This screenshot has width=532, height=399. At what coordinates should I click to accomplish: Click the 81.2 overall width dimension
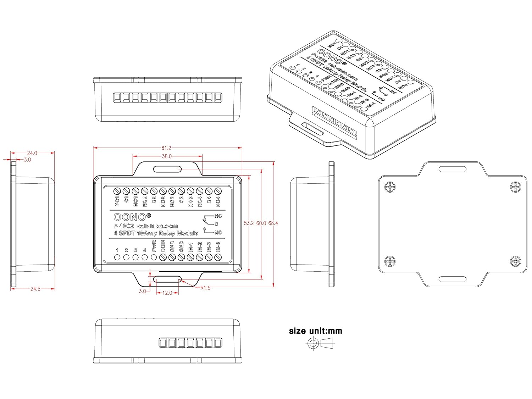[166, 148]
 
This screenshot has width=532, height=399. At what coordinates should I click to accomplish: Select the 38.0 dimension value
[167, 156]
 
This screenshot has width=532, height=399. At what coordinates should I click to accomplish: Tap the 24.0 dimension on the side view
[32, 153]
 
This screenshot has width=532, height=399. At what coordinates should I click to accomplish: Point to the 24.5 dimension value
[35, 289]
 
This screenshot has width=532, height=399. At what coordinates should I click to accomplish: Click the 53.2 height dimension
[249, 223]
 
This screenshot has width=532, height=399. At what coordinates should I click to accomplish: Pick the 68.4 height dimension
[273, 223]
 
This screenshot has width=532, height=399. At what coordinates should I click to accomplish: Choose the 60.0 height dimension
[261, 223]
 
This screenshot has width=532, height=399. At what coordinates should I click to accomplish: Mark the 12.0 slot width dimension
[167, 293]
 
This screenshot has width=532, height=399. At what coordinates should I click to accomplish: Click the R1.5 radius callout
[205, 288]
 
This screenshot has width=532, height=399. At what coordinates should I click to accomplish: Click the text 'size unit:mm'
[315, 331]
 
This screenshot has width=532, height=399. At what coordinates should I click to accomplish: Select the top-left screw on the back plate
[390, 187]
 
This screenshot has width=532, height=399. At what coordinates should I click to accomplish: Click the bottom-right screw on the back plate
[515, 261]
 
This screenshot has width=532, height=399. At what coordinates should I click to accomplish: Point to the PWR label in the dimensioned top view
[154, 246]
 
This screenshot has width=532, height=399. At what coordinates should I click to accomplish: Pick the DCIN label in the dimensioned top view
[163, 246]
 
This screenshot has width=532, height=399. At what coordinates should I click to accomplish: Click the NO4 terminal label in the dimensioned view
[218, 201]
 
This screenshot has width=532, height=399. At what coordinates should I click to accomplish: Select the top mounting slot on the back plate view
[453, 169]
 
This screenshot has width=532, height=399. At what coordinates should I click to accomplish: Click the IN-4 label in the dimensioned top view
[218, 247]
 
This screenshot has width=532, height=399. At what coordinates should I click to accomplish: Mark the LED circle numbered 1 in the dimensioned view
[117, 257]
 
